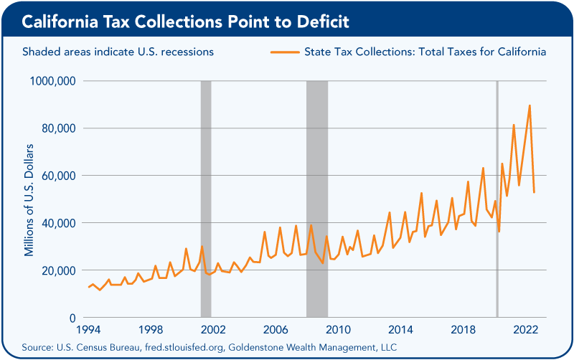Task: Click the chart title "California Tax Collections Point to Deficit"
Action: point(186,22)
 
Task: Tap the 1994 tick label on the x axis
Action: point(88,329)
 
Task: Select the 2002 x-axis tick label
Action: point(213,329)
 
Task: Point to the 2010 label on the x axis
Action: point(338,329)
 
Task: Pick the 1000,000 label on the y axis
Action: point(53,81)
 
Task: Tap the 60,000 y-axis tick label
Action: point(57,176)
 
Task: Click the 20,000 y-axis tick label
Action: point(57,270)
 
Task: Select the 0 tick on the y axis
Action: point(73,318)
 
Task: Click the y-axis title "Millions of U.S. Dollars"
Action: point(29,199)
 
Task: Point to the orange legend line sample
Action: point(284,52)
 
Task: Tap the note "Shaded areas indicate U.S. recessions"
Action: point(118,52)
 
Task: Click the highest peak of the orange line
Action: point(530,105)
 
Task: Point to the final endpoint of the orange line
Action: point(534,192)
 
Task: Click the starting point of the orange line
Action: point(88,288)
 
